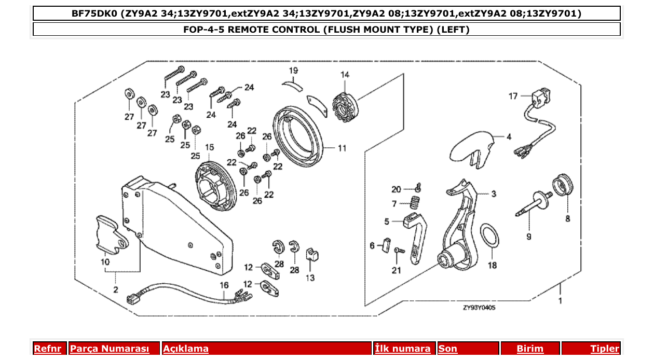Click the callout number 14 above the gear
pos(345,75)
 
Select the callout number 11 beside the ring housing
pos(342,148)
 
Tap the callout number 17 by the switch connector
pos(513,96)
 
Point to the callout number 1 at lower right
pos(560,300)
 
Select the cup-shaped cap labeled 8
pos(563,184)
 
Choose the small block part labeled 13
pos(311,254)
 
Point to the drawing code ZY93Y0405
pos(480,308)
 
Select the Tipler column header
pos(604,349)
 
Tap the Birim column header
pos(530,349)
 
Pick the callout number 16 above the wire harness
pos(224,285)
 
